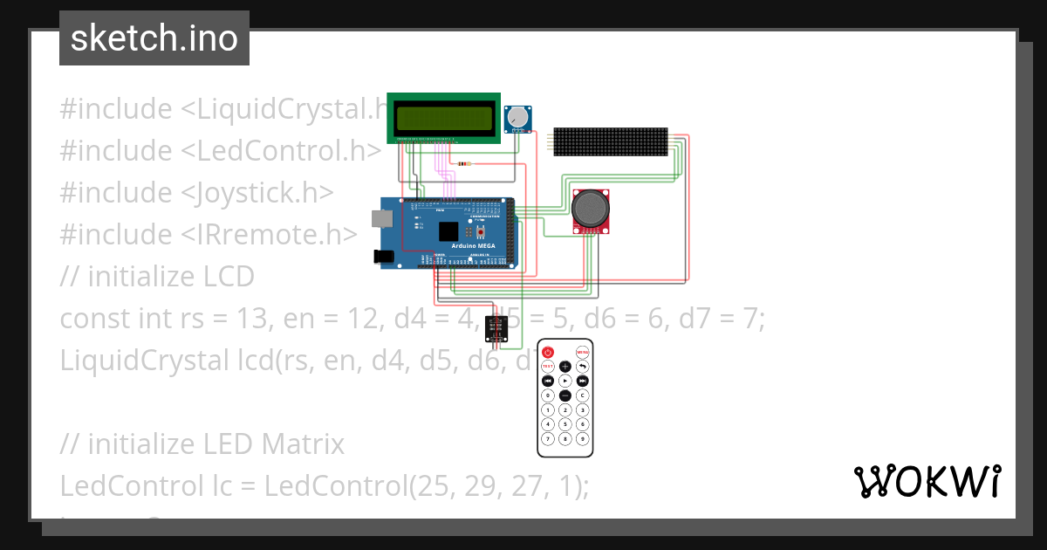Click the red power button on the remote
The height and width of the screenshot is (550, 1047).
(548, 352)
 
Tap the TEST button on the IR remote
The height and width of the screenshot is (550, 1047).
(548, 367)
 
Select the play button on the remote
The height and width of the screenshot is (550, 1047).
(565, 381)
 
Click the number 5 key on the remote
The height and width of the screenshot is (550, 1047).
(565, 423)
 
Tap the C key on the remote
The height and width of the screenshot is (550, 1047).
(582, 395)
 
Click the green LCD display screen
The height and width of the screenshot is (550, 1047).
(444, 117)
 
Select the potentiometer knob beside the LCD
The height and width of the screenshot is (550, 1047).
(518, 116)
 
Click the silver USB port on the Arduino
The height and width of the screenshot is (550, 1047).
(380, 217)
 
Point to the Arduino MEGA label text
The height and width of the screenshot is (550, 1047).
(473, 246)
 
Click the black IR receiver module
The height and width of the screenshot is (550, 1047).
(496, 328)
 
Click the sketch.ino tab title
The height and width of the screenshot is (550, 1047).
(154, 38)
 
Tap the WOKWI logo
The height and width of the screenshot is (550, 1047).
(927, 482)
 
